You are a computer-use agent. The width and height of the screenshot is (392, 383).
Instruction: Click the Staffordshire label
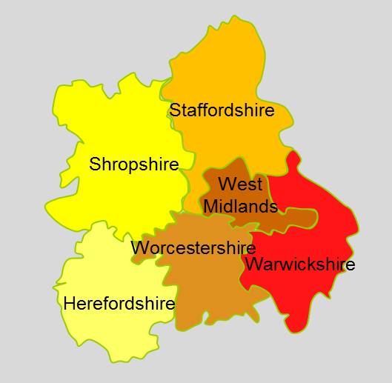(x=222, y=110)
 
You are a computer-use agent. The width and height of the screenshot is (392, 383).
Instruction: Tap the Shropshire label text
(x=134, y=164)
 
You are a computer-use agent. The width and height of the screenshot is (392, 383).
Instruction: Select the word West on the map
(x=241, y=183)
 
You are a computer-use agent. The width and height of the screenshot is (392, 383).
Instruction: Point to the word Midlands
(x=240, y=206)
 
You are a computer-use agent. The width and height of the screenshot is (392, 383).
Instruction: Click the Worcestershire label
(x=193, y=247)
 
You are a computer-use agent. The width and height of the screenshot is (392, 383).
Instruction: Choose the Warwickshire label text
(x=299, y=264)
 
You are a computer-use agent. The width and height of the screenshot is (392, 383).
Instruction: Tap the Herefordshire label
(x=119, y=303)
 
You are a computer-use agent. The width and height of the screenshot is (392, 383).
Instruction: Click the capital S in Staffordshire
(x=175, y=110)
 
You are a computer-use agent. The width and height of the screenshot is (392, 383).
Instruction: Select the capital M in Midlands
(x=210, y=206)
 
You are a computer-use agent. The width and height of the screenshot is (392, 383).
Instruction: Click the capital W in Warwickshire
(x=252, y=264)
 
